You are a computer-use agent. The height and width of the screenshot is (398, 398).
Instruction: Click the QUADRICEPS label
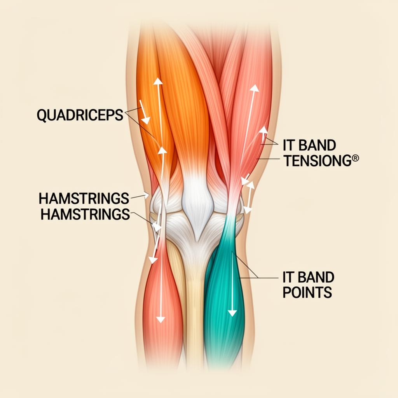80,115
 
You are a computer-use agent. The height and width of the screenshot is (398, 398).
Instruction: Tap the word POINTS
307,292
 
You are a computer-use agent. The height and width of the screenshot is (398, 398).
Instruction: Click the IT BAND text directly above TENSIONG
309,146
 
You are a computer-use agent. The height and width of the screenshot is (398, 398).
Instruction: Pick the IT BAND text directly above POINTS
308,278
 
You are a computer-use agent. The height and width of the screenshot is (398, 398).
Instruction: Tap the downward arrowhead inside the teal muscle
232,312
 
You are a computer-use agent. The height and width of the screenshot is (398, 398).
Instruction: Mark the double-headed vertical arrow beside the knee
249,197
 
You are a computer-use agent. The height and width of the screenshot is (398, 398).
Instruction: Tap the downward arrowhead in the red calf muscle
160,319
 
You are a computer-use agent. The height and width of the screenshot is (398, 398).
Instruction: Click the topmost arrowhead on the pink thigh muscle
254,88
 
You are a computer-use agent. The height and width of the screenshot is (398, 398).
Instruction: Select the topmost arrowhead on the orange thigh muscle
158,81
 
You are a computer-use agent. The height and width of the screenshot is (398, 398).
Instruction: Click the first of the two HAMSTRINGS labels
84,199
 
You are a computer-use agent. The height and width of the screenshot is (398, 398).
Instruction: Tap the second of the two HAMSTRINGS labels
85,214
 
